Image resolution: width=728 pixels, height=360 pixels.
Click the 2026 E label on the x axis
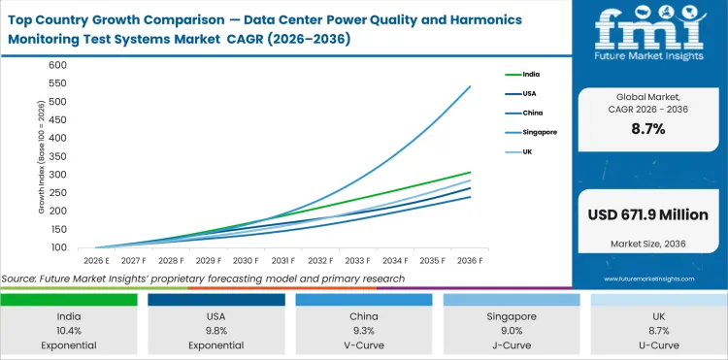click(x=95, y=261)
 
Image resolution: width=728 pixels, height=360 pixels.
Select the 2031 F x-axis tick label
click(x=282, y=261)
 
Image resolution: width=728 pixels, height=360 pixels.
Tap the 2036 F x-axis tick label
click(x=471, y=261)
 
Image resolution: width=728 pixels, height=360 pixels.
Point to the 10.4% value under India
click(x=69, y=329)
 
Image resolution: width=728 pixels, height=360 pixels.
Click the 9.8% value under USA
click(x=216, y=329)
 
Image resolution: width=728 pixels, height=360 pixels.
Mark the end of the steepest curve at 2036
click(x=471, y=86)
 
